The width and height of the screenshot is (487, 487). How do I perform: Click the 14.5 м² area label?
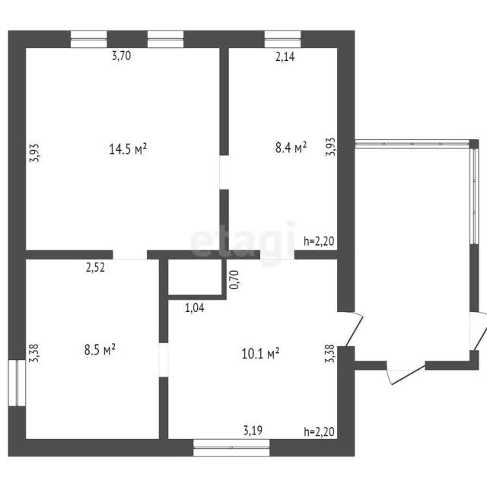[x=128, y=149]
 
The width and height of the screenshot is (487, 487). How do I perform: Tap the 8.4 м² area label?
[x=291, y=147]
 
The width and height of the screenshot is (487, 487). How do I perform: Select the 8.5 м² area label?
[x=100, y=349]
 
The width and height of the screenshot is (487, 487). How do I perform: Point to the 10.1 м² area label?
[x=260, y=353]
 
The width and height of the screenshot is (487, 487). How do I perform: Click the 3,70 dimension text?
[x=122, y=56]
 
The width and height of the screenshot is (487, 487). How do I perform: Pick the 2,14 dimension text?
[x=285, y=56]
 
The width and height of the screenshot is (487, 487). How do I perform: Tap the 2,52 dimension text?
[x=95, y=267]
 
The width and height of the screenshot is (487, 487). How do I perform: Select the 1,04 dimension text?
[x=195, y=307]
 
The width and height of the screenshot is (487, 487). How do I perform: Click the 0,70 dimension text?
[x=234, y=279]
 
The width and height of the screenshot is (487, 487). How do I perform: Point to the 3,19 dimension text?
[x=253, y=430]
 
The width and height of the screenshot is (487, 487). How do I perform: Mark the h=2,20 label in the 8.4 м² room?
[x=319, y=240]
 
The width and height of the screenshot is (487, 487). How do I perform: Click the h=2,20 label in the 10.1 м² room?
[x=319, y=431]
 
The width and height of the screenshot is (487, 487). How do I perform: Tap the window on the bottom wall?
[x=231, y=447]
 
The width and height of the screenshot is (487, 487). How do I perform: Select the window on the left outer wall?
[x=17, y=383]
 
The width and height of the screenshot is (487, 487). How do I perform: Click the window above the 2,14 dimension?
[x=282, y=39]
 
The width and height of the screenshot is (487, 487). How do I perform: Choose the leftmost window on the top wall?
[x=89, y=39]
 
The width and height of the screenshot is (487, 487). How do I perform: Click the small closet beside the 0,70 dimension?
[x=195, y=276]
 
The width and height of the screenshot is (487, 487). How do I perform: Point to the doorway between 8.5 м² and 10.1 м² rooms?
[x=164, y=360]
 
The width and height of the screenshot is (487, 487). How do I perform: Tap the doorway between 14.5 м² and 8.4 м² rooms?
[x=224, y=173]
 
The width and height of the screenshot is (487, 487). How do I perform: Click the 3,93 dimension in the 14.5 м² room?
[x=34, y=153]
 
